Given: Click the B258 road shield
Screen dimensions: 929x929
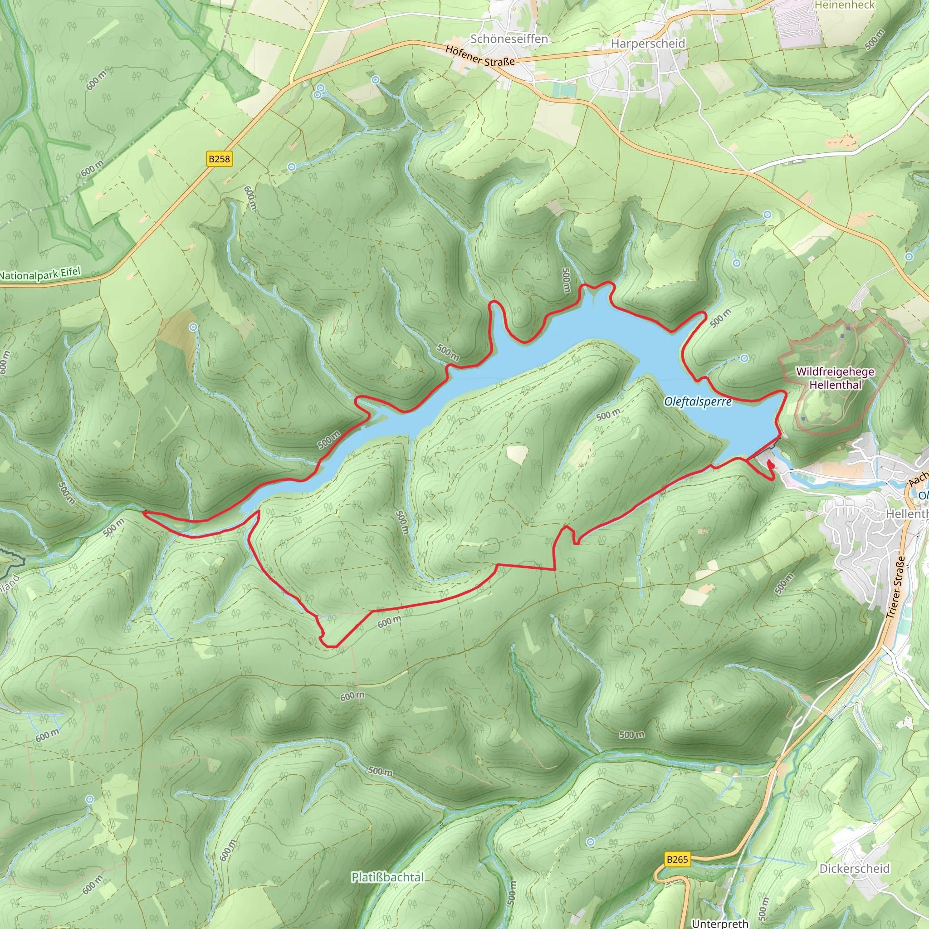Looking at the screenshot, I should point(219,159).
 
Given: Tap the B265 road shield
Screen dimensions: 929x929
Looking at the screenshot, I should point(678,859).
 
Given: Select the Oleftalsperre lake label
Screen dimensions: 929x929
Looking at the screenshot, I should point(698,401).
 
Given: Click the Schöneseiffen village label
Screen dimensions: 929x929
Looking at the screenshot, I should point(509,39).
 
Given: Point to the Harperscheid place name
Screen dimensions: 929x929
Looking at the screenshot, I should point(648,43).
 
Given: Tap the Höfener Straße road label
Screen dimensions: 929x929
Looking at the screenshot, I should point(480,56).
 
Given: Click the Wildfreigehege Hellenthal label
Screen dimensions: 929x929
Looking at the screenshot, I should point(835,378).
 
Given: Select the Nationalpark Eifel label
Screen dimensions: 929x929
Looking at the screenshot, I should point(40,274).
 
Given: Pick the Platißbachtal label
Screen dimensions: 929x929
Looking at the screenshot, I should point(387,877).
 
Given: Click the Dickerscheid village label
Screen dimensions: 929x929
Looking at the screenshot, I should point(855,868).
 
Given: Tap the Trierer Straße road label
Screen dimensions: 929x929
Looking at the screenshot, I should point(896,587).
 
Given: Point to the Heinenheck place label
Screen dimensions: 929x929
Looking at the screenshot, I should point(845,5).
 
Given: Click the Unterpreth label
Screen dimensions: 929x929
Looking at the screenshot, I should point(720,923).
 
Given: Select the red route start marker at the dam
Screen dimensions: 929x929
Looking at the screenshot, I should point(770,464).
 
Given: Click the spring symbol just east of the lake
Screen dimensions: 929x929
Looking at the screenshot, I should point(744,358).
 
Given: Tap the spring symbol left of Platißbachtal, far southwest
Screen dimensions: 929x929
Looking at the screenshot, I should point(90,799).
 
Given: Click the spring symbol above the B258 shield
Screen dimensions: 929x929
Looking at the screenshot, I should point(291,167).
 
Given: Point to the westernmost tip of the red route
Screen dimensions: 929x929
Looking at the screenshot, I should point(144,513).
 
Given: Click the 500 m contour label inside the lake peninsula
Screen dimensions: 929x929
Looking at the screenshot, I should point(608,415).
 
